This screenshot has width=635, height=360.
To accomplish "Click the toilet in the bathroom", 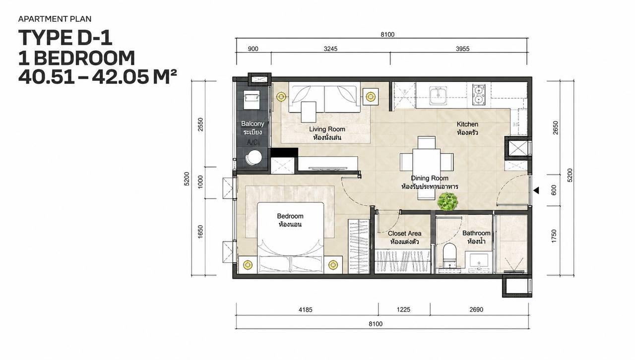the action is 449,255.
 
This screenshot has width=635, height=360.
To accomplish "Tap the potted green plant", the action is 447,201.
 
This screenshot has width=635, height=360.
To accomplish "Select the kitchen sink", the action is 438,96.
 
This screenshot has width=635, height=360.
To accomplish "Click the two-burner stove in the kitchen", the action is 479,95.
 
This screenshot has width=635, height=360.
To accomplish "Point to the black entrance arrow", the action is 536,190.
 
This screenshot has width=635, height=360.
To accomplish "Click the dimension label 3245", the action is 330,49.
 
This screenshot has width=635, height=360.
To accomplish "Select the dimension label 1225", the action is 403,309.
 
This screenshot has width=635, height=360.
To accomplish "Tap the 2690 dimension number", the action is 476,309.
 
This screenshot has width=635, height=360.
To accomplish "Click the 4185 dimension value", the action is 305,309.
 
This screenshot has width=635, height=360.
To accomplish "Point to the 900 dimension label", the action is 253,49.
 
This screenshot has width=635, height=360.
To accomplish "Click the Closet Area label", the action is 404,233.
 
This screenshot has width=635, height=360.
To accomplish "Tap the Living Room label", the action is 327,129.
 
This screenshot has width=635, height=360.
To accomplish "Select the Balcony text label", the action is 253,123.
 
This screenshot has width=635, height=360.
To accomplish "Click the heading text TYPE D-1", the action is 65,38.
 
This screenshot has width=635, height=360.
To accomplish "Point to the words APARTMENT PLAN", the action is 55,19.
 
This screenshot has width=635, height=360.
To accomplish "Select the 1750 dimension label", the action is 554,236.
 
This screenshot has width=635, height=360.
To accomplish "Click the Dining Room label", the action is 430,178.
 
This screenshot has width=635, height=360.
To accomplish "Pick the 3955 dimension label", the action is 462,49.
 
